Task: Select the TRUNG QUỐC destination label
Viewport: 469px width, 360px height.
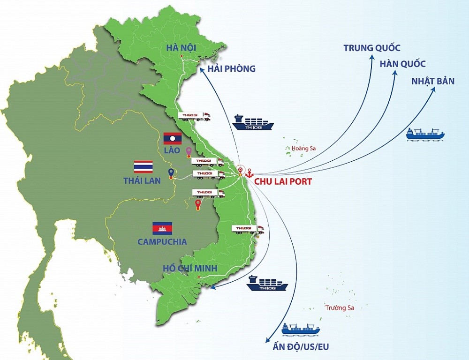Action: coord(372,48)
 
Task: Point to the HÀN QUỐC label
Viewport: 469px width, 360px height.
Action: coord(402,64)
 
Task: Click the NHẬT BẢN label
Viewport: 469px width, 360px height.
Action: coord(432,81)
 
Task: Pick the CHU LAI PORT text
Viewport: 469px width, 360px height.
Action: coord(282,181)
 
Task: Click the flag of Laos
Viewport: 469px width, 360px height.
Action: coord(172,138)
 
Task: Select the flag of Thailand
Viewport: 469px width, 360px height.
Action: coord(143,166)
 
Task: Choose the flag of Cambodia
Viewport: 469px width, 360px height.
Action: coord(162,228)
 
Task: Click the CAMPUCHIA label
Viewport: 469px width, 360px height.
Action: coord(162,242)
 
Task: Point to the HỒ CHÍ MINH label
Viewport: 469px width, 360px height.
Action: coord(190,268)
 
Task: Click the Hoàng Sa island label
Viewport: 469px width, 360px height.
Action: coord(303,149)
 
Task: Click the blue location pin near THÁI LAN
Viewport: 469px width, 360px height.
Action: coord(171,173)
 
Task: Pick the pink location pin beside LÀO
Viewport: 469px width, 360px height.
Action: coord(189,151)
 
